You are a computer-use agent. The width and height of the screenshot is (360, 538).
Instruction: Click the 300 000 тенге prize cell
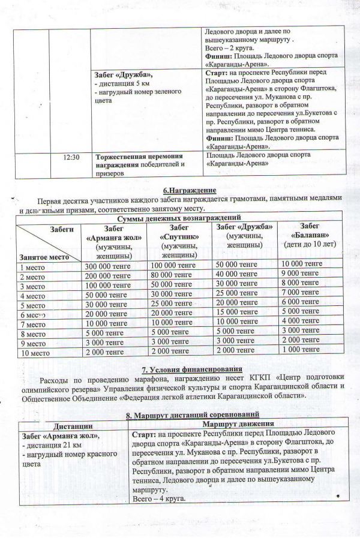tap(107, 266)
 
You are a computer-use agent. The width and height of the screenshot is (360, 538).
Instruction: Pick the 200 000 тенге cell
tap(107, 277)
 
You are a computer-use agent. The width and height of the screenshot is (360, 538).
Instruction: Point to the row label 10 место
tap(34, 354)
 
